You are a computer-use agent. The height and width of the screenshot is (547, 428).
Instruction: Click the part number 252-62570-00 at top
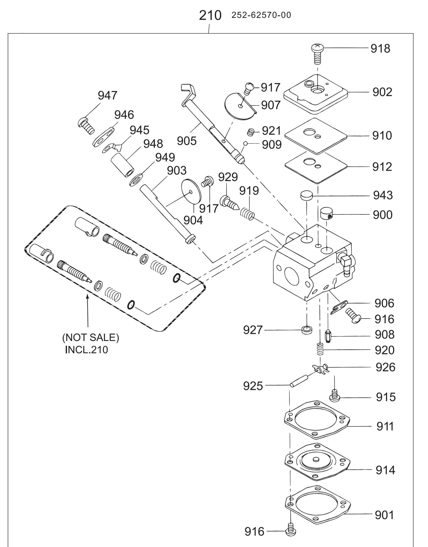(261, 15)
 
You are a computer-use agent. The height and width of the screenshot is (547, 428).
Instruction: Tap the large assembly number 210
(210, 15)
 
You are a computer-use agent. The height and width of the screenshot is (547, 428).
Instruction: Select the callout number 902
(382, 92)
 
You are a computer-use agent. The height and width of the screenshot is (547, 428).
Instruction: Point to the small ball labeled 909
(245, 144)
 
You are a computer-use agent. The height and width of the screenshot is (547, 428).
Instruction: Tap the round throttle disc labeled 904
(191, 192)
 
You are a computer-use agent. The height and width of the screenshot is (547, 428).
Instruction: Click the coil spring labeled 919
(247, 214)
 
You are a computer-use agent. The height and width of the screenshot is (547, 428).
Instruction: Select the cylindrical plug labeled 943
(307, 196)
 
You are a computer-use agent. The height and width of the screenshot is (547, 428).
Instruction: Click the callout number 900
(382, 215)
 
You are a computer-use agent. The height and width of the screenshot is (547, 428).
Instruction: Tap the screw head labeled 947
(85, 125)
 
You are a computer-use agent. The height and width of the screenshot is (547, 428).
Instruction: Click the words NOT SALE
(90, 338)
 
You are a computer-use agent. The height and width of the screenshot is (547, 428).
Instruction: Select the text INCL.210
(86, 350)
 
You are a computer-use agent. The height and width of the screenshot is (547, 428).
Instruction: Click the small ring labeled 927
(306, 329)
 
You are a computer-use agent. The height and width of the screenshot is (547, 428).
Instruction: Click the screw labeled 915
(335, 396)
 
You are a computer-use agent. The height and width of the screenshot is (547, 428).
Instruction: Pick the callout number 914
(385, 470)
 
